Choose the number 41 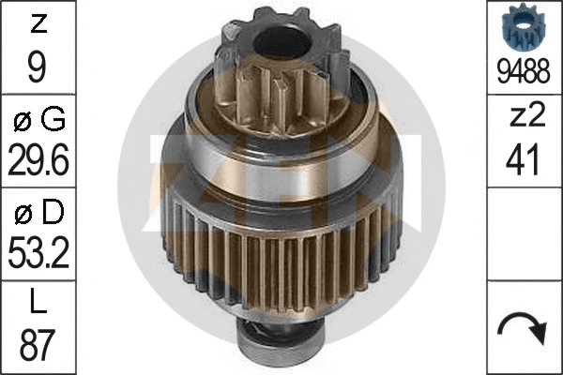coord(525,160)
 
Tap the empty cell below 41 coord(525,234)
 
